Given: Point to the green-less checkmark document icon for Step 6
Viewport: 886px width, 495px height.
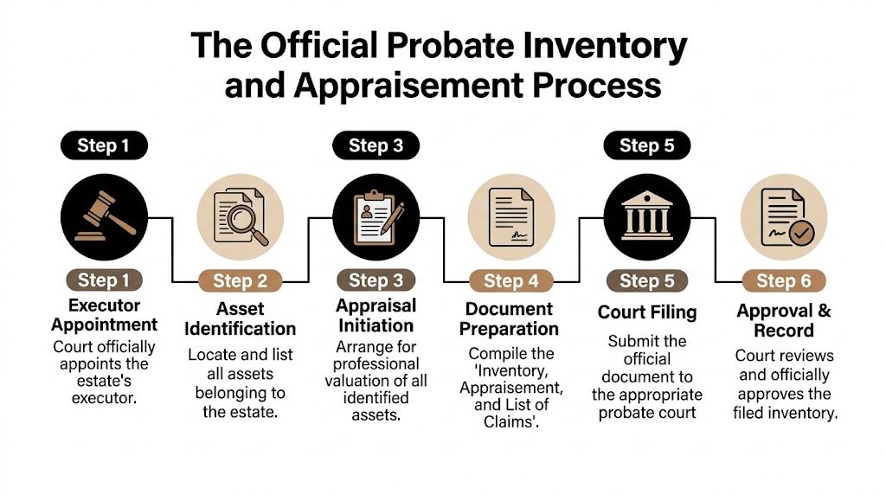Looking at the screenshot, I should click(x=784, y=217).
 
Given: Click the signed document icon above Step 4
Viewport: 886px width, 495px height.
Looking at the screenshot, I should click(x=510, y=217).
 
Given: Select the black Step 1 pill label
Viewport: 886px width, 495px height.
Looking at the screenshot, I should click(x=103, y=145).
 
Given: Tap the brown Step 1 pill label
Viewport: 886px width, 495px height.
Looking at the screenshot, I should click(x=104, y=280).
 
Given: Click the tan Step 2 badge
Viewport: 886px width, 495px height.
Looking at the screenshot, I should click(x=240, y=280).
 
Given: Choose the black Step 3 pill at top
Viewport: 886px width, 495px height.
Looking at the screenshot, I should click(x=376, y=145).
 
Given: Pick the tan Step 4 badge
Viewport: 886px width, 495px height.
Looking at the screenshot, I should click(x=510, y=280).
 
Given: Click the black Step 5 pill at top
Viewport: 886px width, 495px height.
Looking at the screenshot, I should click(x=646, y=145).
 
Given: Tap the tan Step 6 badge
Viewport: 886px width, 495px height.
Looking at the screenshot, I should click(x=784, y=280).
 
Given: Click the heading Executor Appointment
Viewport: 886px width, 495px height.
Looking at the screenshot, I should click(x=104, y=315).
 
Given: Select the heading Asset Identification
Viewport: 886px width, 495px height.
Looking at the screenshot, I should click(x=240, y=318).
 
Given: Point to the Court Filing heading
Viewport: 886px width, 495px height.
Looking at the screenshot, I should click(x=647, y=312).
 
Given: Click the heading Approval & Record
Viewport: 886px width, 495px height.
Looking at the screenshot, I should click(x=784, y=320).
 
